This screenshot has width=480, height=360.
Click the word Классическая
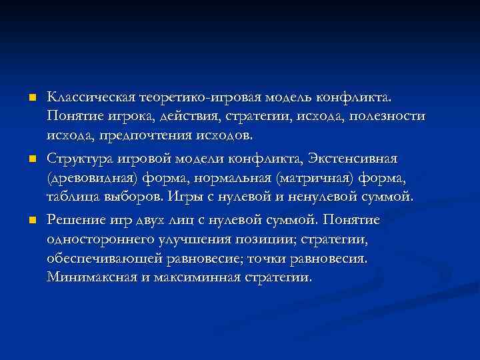pos(91,97)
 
